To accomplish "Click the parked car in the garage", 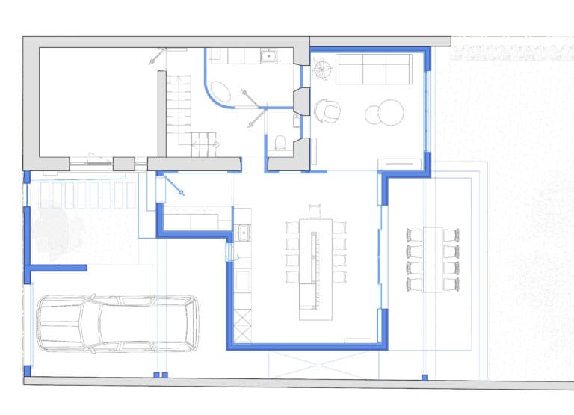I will click(118, 323).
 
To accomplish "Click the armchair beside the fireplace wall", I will click(328, 111).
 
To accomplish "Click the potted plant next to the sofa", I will click(322, 70).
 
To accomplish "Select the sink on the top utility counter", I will click(268, 55).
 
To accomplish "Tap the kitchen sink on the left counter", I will click(242, 234).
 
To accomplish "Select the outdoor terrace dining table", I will click(433, 259).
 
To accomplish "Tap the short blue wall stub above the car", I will click(58, 267).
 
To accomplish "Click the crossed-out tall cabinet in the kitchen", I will click(243, 326).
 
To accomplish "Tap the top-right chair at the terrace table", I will click(451, 235).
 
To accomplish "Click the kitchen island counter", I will click(315, 268).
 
